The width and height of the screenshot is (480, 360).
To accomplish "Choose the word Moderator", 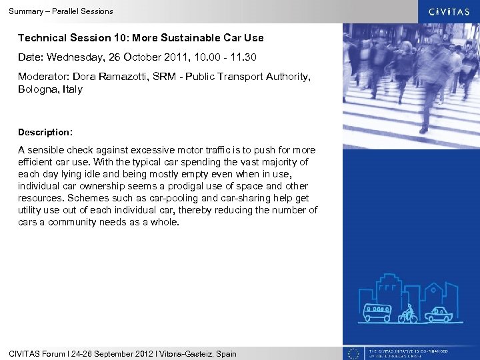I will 42,77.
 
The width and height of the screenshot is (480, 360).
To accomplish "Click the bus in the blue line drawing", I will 377,312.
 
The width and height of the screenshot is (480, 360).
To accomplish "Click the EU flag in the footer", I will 354,353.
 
